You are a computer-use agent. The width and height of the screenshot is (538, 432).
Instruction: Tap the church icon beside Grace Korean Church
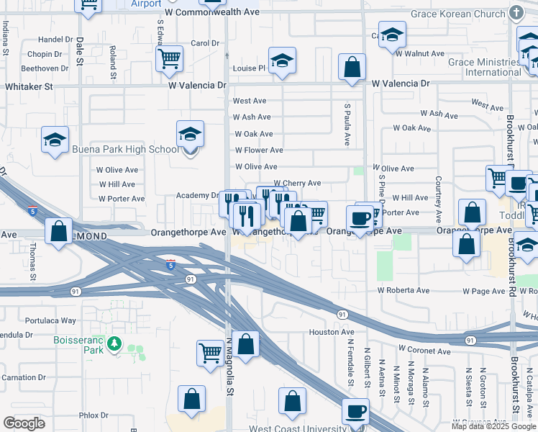(x=516, y=13)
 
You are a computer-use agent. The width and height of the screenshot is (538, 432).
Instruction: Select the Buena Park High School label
(x=126, y=150)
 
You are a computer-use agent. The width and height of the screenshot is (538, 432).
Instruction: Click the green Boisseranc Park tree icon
(x=114, y=346)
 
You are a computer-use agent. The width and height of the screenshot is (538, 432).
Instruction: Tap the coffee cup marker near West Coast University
(x=355, y=413)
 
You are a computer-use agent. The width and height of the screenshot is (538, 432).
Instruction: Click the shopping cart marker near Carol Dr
(x=170, y=59)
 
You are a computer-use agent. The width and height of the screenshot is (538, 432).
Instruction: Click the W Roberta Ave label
(x=403, y=291)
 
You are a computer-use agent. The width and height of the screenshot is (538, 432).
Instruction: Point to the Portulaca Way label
(x=50, y=320)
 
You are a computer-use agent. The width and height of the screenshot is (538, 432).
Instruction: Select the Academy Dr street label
(x=197, y=195)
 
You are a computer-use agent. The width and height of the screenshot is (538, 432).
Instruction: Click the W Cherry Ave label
(x=297, y=183)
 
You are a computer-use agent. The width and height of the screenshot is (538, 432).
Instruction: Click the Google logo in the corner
(x=24, y=423)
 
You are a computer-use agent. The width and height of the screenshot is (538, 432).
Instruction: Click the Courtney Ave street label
(x=437, y=199)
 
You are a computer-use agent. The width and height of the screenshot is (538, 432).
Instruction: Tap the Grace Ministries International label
(x=483, y=67)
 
